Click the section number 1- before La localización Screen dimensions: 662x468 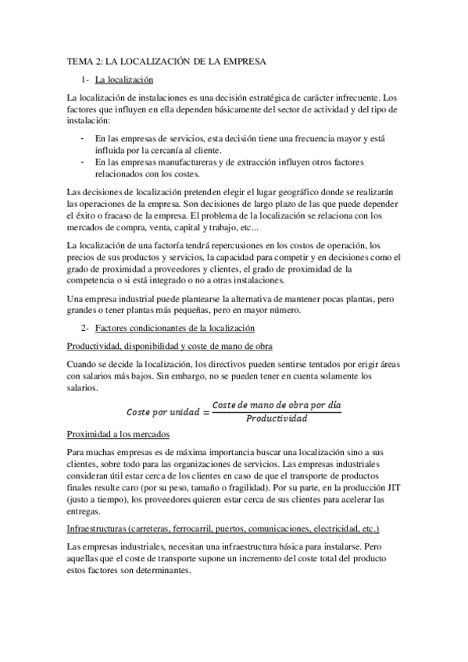pyautogui.click(x=85, y=80)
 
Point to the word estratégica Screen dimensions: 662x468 pyautogui.click(x=280, y=98)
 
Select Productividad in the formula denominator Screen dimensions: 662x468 pyautogui.click(x=277, y=418)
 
